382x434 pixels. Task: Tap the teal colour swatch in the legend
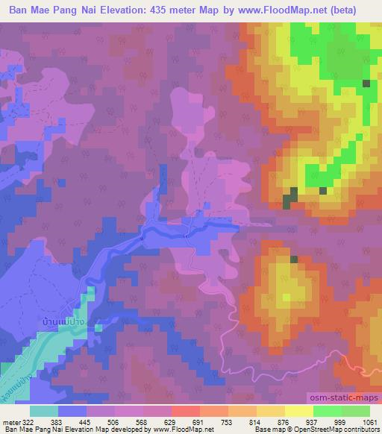click(x=43, y=411)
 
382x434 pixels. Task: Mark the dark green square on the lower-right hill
click(x=294, y=260)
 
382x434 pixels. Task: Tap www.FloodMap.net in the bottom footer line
click(x=180, y=430)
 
